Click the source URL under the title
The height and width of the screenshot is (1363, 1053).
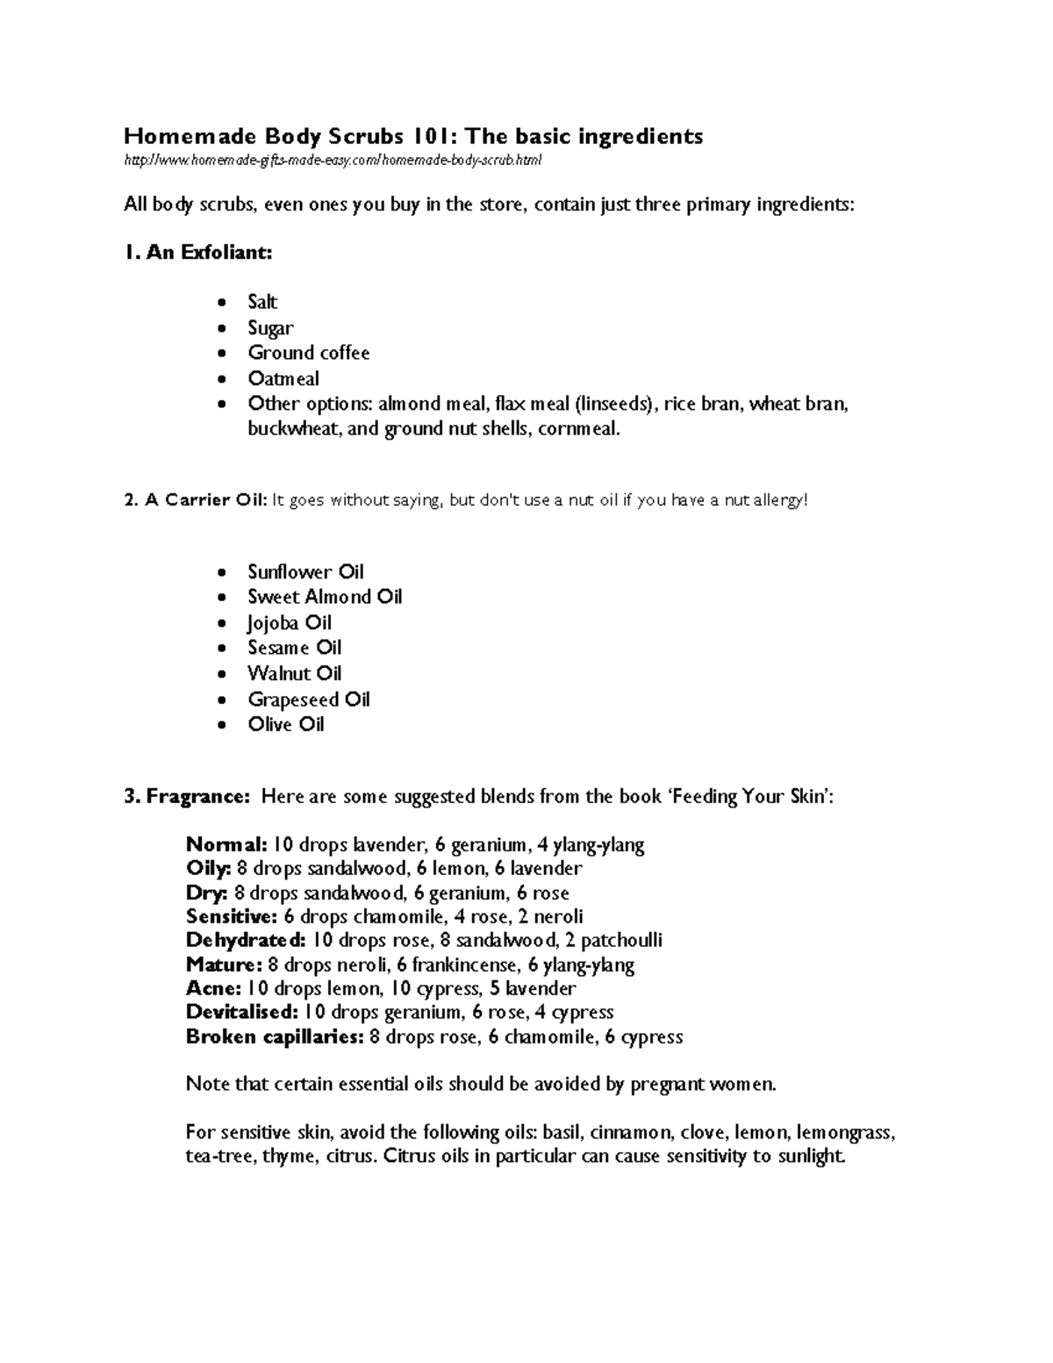[x=333, y=161]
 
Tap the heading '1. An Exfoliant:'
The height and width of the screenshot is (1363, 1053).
[x=198, y=253]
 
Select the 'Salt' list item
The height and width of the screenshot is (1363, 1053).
[x=262, y=302]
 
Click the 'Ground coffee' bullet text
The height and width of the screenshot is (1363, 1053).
[x=308, y=353]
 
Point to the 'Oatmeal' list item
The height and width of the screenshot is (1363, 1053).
[x=283, y=379]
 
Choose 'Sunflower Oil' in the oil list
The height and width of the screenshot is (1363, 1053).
[x=305, y=572]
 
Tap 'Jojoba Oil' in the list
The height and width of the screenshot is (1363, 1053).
[x=290, y=623]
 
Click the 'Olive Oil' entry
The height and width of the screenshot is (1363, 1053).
[x=286, y=725]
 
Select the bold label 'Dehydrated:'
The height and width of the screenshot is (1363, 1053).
[x=246, y=941]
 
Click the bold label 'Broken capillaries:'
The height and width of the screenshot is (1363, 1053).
[x=275, y=1037]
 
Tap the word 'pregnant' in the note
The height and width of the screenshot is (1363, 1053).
[x=667, y=1085]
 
